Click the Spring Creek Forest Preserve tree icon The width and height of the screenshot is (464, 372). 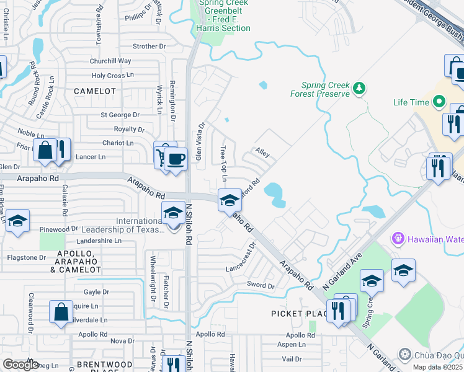[x=359, y=89]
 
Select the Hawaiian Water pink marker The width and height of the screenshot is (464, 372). [x=398, y=238]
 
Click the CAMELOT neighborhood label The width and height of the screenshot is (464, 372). [x=95, y=91]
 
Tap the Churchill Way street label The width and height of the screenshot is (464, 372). [x=110, y=61]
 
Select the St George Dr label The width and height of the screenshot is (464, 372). [x=120, y=115]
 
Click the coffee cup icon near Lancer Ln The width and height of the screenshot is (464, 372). [x=176, y=159]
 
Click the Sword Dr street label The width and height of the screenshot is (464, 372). [x=261, y=286]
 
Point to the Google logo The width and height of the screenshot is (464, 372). [x=20, y=365]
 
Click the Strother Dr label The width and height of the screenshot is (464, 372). [x=149, y=46]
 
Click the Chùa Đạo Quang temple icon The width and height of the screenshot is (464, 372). [x=405, y=354]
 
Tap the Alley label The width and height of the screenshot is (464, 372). [x=262, y=153]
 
